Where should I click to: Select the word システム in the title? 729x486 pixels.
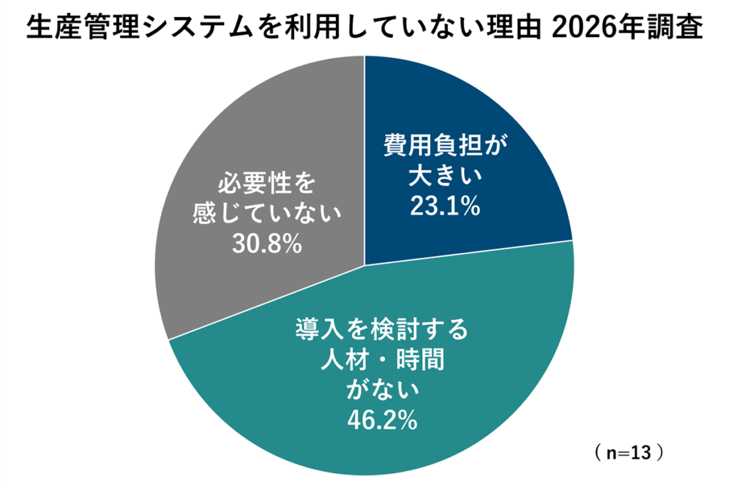[196, 29]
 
